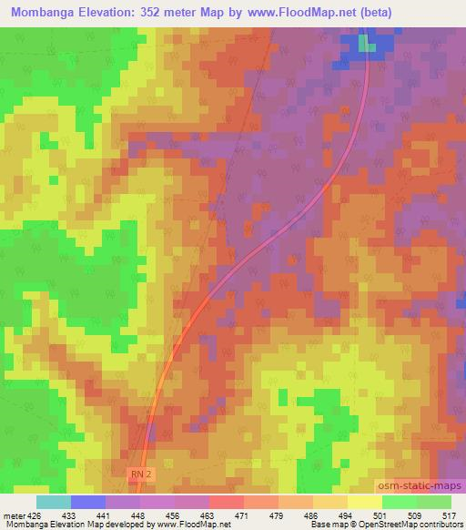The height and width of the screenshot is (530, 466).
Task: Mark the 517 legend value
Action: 448,515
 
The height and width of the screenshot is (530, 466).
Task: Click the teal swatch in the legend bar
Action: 54,502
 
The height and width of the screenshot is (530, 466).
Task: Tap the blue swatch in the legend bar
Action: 88,502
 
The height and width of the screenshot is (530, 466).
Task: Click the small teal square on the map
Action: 366,43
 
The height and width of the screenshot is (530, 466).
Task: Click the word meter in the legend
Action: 14,515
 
